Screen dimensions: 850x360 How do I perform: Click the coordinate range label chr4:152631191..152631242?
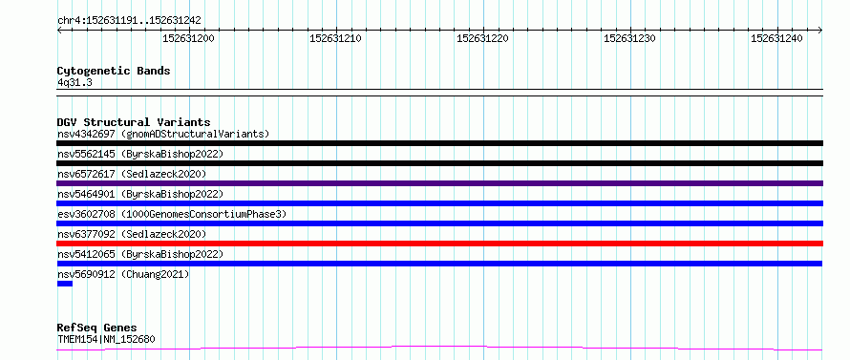coord(129,21)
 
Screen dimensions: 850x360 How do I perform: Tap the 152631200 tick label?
coord(189,38)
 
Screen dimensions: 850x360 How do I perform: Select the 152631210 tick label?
coord(335,38)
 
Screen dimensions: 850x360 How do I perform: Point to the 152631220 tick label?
coord(483,38)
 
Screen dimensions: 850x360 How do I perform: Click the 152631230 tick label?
coord(630,38)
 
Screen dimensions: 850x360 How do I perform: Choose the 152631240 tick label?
coord(776,38)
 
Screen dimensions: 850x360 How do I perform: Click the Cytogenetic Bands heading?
coord(114,71)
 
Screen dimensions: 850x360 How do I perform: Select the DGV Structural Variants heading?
coord(134,122)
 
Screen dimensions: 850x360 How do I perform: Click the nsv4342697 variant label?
coord(86,134)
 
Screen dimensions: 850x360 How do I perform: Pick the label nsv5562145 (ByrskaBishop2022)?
coord(140,154)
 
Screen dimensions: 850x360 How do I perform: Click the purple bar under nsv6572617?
coord(439,183)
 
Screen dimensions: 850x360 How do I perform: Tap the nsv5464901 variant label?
coord(86,194)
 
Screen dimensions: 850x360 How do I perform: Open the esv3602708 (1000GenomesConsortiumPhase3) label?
coord(172,214)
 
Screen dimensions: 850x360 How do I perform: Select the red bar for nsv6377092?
coord(439,244)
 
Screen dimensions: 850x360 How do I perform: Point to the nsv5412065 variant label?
coord(86,254)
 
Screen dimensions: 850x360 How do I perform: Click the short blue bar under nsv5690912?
coord(65,284)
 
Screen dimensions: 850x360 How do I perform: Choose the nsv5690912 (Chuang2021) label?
coord(123,274)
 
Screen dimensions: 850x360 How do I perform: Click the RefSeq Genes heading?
coord(97,328)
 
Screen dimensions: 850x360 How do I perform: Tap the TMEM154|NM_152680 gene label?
coord(106,340)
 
